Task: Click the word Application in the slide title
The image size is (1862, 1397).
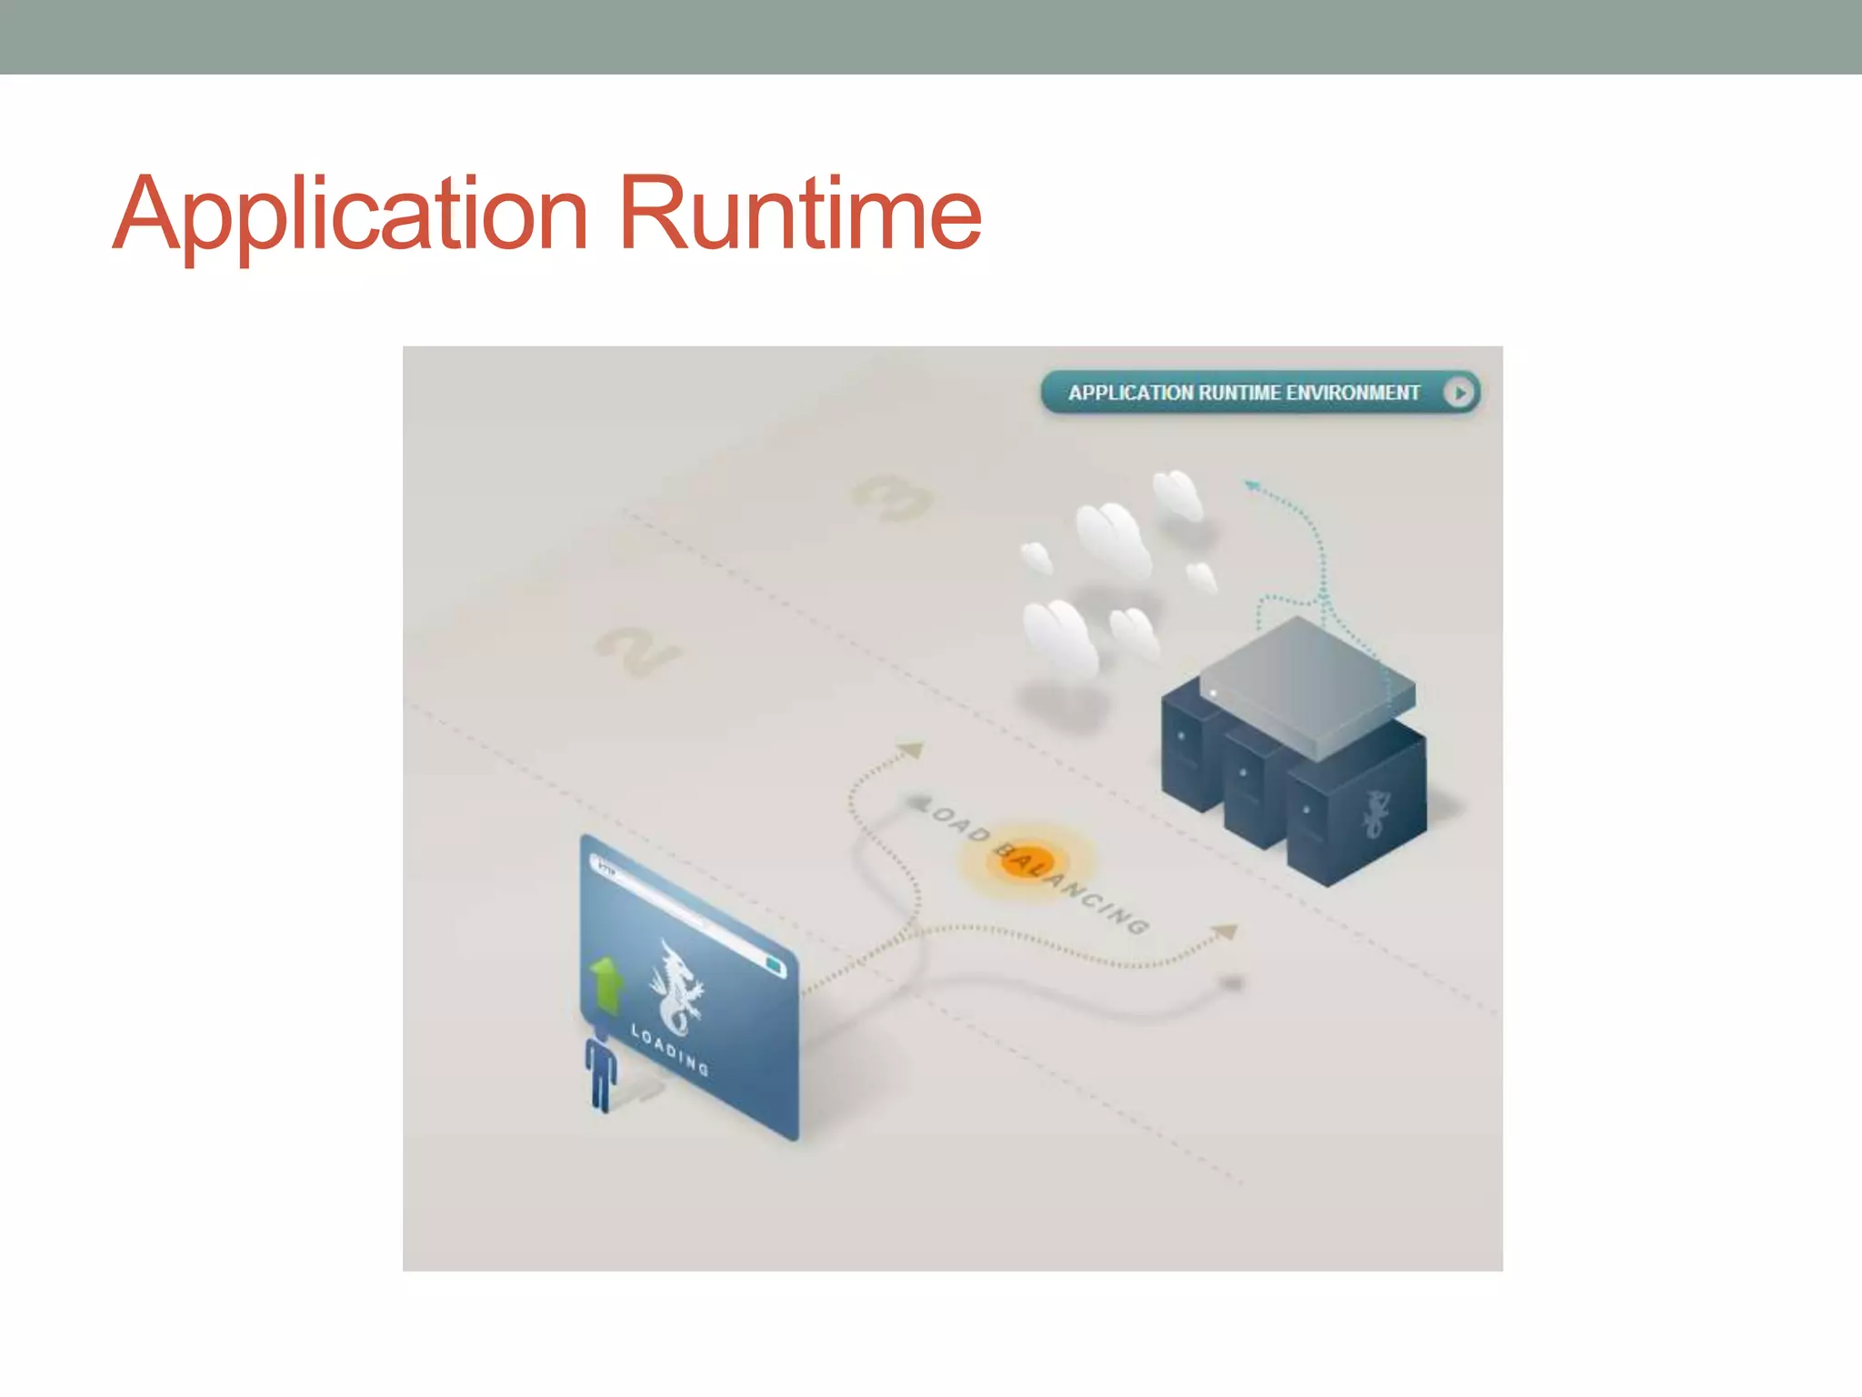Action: click(350, 215)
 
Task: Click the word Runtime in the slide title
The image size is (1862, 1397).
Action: click(799, 215)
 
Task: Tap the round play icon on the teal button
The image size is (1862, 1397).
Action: click(1458, 393)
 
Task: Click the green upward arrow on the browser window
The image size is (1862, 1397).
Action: click(606, 983)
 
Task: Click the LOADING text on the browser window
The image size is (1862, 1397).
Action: click(670, 1050)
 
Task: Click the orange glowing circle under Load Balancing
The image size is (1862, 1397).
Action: click(1025, 860)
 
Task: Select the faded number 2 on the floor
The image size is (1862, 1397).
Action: click(637, 649)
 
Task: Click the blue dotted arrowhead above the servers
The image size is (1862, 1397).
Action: click(1252, 487)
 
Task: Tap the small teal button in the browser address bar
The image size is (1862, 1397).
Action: click(774, 965)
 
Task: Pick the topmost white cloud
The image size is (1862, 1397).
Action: click(1177, 494)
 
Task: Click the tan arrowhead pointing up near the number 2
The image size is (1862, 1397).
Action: click(911, 750)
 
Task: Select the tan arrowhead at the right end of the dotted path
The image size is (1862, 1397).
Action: click(1226, 931)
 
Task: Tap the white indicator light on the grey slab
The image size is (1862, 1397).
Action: click(1213, 694)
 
